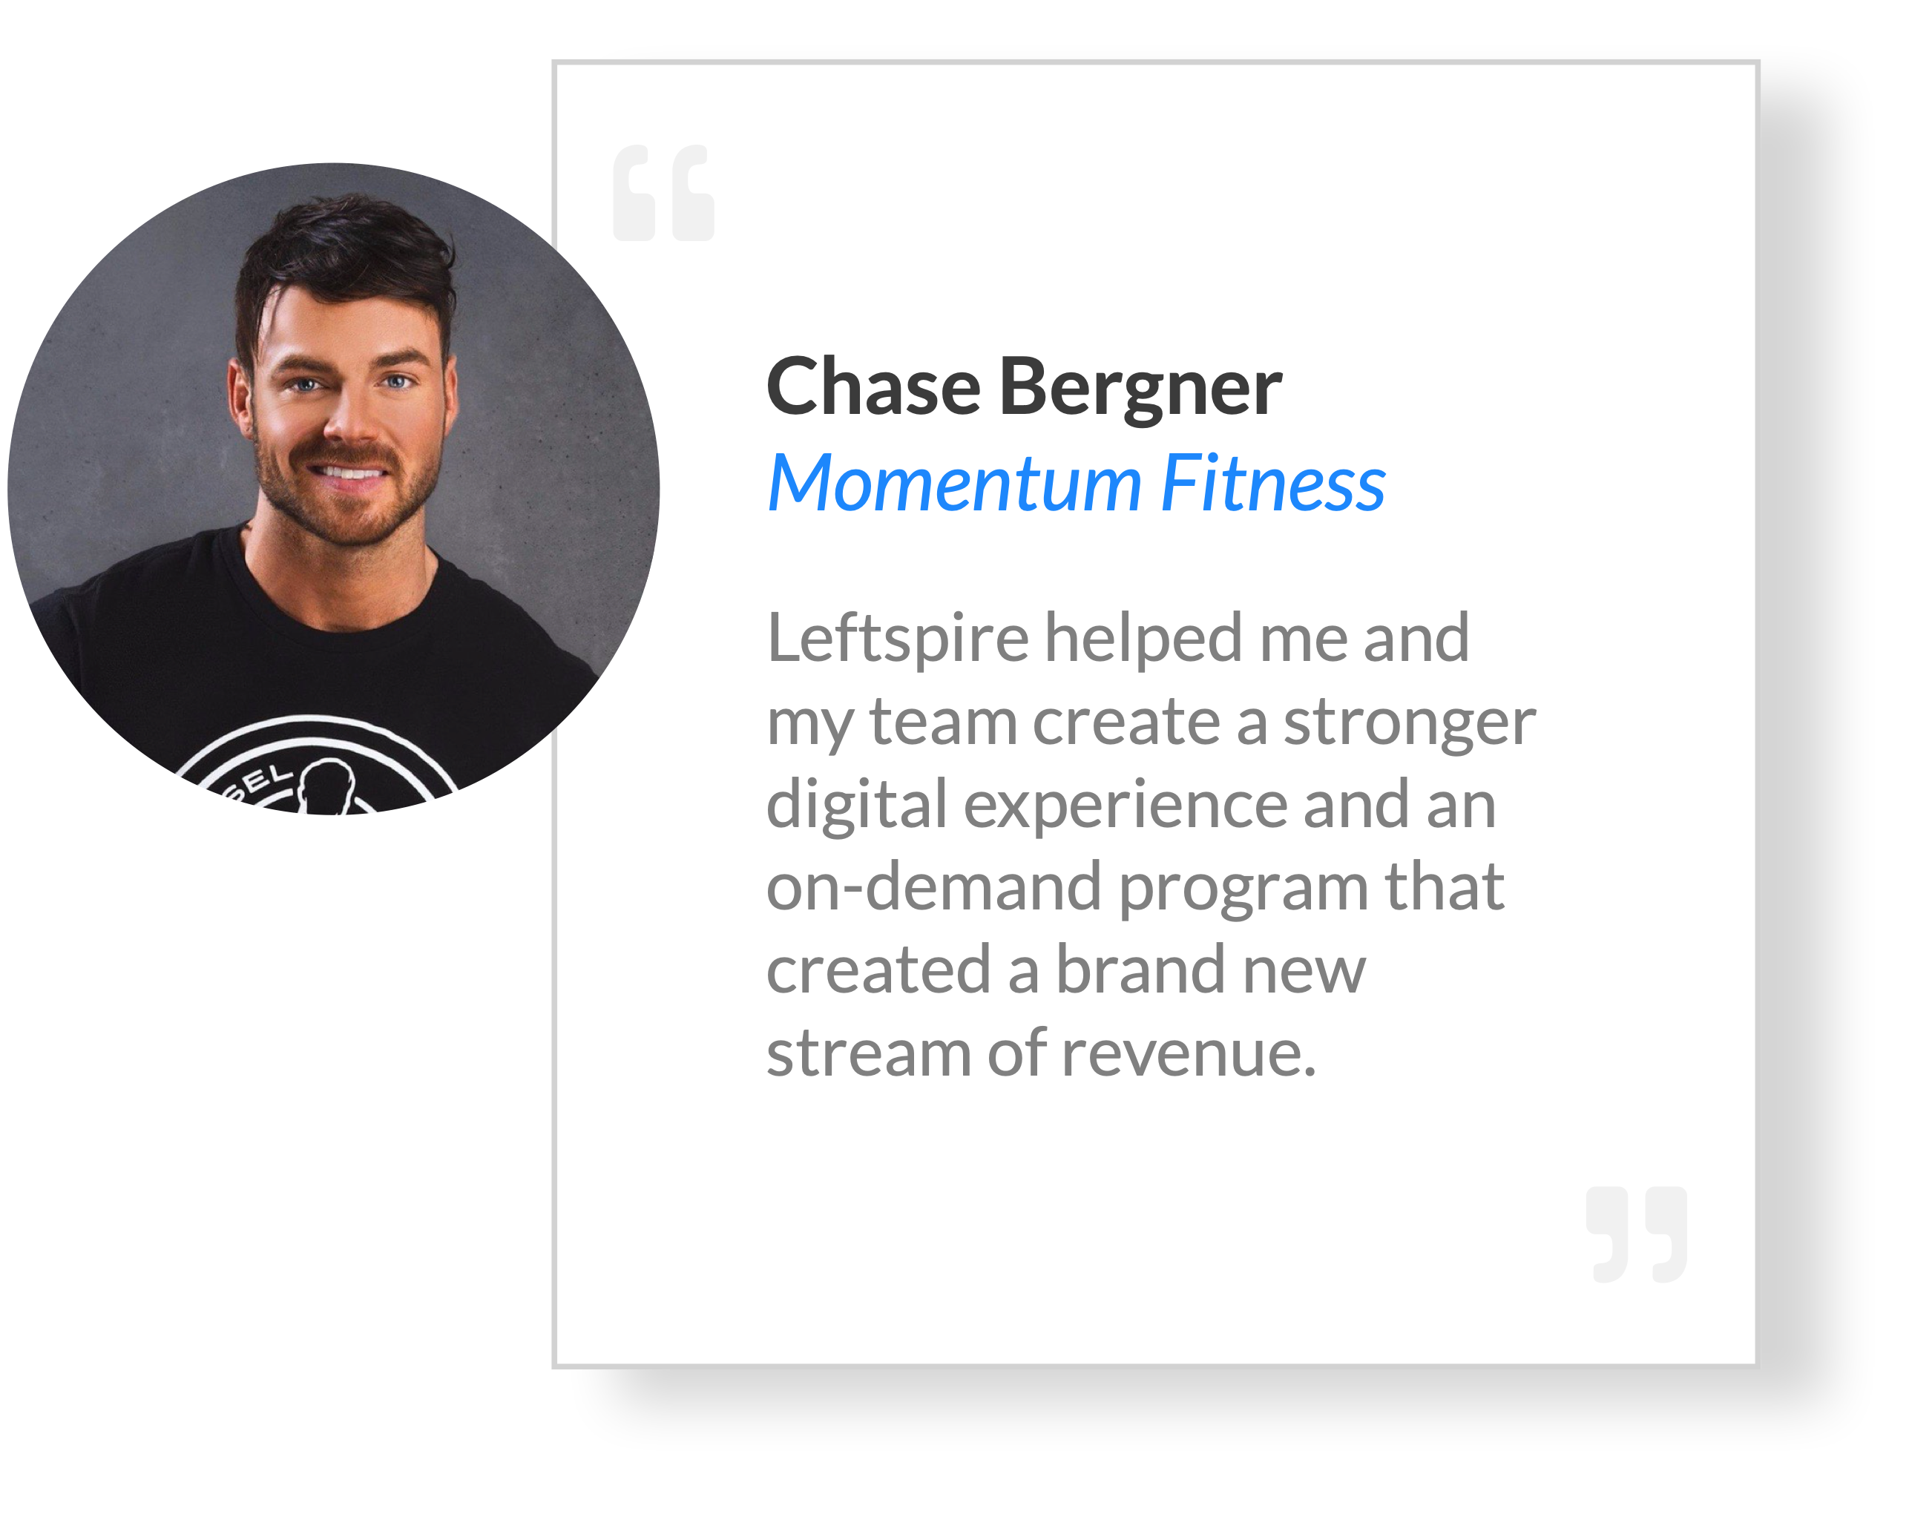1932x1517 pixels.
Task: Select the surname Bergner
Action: click(x=1140, y=391)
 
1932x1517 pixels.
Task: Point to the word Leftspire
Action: click(x=897, y=640)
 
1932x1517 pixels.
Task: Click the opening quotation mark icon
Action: click(x=663, y=193)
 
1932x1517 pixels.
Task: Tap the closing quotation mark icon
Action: click(x=1636, y=1234)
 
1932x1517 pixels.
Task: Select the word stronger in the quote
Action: click(x=1410, y=724)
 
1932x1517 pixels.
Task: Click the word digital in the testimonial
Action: click(x=857, y=805)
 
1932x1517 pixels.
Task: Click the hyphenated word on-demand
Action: click(x=933, y=886)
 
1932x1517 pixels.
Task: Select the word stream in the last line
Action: click(x=869, y=1053)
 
